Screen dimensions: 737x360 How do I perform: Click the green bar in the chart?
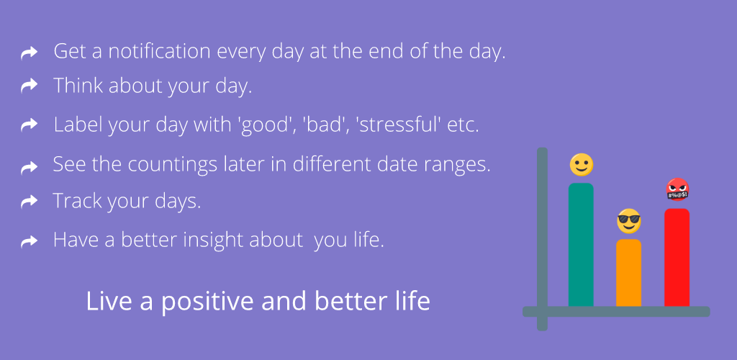pos(581,244)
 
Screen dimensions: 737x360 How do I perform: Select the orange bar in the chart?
pos(629,273)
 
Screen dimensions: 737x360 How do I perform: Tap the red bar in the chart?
pos(677,258)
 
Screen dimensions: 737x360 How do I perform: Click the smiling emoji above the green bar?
pos(582,165)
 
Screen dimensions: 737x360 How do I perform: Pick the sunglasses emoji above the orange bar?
pos(629,221)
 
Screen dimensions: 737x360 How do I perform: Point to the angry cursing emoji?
pos(677,189)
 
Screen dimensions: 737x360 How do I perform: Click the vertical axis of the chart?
pos(542,239)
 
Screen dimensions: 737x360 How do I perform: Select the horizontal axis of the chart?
pos(616,312)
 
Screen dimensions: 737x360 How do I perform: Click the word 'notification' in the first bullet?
pos(159,50)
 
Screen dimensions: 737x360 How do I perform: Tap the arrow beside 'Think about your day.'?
pos(29,86)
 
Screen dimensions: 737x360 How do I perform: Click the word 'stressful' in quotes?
pos(401,125)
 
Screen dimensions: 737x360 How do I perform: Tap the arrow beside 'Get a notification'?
pos(29,53)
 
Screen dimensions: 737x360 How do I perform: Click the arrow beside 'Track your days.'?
pos(29,202)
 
